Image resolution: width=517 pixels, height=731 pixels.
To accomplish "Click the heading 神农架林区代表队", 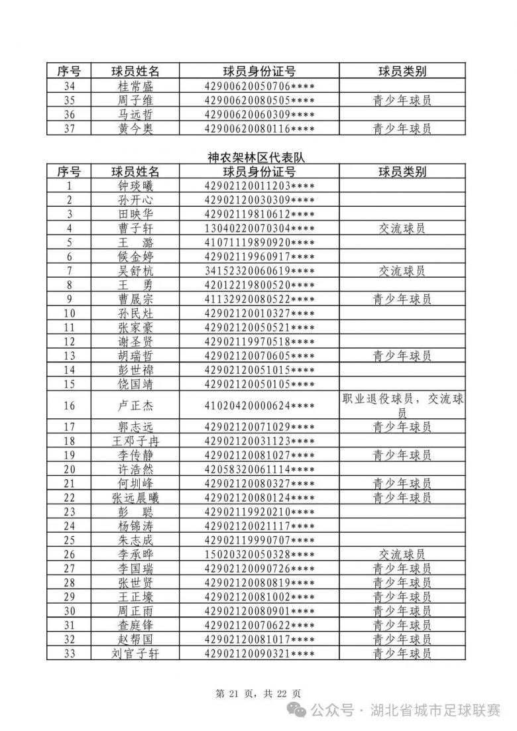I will tap(258, 158).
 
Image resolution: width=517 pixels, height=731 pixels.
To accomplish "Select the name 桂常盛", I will tap(135, 86).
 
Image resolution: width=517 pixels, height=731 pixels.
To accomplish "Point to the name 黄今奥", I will tap(135, 129).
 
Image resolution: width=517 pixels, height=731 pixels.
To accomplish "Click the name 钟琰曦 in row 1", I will tap(135, 186).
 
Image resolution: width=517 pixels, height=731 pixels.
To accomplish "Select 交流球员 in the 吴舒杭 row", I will tap(402, 270).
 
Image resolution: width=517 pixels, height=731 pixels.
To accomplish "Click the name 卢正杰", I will tap(135, 406).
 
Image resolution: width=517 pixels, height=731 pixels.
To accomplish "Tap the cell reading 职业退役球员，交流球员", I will tap(402, 406).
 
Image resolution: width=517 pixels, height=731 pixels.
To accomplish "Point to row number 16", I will tap(69, 406).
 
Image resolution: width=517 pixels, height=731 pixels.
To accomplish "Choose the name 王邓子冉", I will tap(135, 441).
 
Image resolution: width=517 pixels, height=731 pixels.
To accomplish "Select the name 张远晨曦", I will tap(135, 498).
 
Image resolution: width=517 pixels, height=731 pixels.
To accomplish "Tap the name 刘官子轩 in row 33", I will tap(135, 654).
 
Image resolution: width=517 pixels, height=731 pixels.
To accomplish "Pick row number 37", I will tap(69, 129).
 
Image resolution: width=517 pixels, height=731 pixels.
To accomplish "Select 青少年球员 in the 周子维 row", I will tap(402, 100).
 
